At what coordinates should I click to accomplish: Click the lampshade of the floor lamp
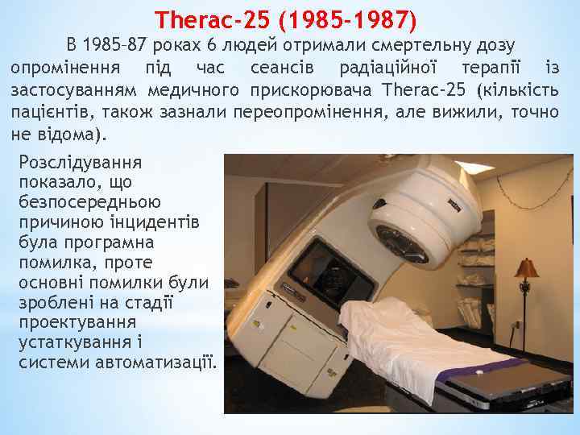click(x=527, y=267)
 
